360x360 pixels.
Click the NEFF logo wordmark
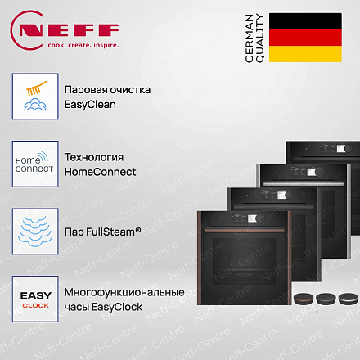[x=70, y=30]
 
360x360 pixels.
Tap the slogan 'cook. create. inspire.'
[x=83, y=45]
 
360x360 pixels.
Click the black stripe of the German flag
[x=305, y=21]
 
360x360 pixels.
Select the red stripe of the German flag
[x=305, y=38]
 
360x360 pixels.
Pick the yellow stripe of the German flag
[x=305, y=54]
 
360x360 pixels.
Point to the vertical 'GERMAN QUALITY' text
[x=254, y=38]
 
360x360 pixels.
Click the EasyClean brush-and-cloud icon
[x=35, y=96]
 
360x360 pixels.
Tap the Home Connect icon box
[x=35, y=164]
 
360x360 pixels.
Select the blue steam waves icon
[x=35, y=232]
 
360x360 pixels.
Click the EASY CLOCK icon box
[x=35, y=299]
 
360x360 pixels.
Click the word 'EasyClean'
[x=90, y=105]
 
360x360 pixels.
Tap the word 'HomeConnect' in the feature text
[x=100, y=172]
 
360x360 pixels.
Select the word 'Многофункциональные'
[x=124, y=293]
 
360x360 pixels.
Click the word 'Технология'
[x=94, y=157]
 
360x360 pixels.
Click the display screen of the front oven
[x=251, y=218]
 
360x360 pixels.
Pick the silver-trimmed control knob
[x=349, y=299]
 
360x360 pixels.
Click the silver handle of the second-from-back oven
[x=304, y=184]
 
